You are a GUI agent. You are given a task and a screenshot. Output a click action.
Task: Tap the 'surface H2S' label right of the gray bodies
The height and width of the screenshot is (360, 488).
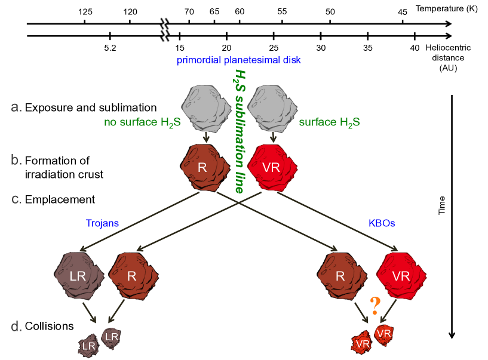pos(329,123)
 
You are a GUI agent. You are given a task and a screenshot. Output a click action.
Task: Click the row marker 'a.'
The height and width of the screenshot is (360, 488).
pos(17,107)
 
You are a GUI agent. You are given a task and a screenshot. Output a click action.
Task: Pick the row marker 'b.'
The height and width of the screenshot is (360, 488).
pos(17,160)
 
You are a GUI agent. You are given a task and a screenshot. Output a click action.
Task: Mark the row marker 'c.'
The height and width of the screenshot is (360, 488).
pos(17,199)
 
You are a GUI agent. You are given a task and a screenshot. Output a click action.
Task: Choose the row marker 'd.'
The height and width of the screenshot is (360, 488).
pos(17,327)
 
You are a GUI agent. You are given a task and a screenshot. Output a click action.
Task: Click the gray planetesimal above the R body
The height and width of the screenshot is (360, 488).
pos(206,110)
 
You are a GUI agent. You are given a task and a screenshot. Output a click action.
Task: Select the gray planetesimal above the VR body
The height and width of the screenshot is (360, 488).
pos(272,110)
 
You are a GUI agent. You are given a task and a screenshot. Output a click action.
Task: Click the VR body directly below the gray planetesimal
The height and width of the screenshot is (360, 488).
pos(272,167)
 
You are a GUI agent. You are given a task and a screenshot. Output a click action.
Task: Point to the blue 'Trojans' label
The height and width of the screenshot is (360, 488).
pos(102,223)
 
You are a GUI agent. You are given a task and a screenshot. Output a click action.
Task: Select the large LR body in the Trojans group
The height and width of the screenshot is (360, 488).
pos(78,276)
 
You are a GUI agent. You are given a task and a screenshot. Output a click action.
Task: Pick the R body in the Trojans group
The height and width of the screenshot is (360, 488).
pos(133,276)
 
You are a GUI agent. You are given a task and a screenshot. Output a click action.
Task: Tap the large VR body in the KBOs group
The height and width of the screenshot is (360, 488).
pos(401,276)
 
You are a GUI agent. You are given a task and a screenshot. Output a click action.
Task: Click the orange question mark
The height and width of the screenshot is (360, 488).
pos(375,306)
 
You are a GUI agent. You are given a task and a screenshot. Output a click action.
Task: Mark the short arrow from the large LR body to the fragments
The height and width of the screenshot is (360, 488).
pos(90,312)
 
